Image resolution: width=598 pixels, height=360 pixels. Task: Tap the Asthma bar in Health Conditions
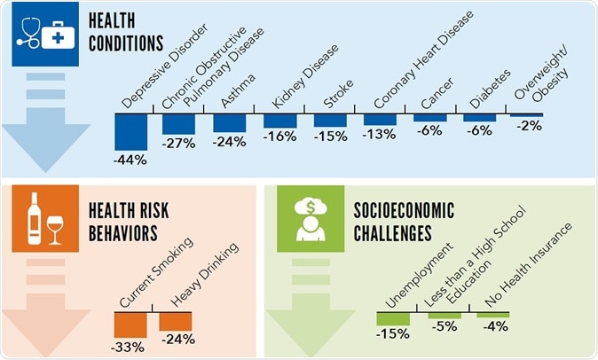coord(229,123)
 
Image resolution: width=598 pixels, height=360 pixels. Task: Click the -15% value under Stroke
coord(329,137)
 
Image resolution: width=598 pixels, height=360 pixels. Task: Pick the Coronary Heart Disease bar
coord(381,121)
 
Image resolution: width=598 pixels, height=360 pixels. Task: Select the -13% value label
coord(381,135)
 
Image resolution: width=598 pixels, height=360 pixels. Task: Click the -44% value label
coord(130,160)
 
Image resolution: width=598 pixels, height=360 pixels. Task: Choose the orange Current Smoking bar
coord(130,325)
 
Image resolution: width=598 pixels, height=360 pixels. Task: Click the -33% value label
coord(130,347)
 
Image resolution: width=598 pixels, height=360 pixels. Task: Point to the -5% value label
coord(443,326)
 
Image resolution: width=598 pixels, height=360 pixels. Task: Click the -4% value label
coord(493,325)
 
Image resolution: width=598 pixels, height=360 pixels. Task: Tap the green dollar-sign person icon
coord(311,218)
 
